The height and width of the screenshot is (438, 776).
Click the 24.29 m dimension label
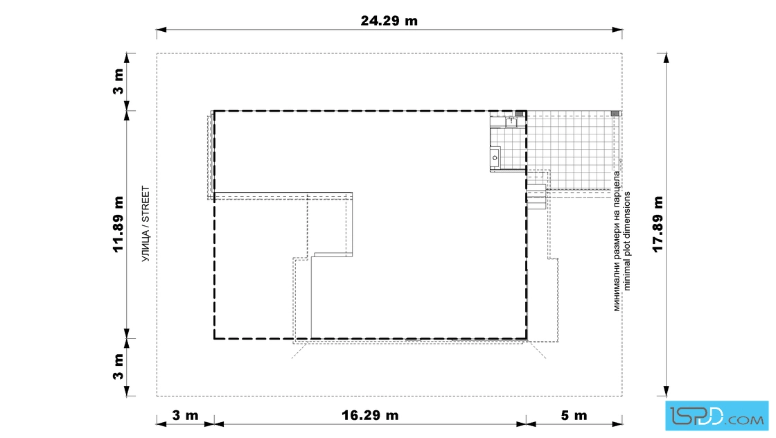pyautogui.click(x=389, y=21)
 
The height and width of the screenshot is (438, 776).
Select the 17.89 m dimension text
pyautogui.click(x=658, y=224)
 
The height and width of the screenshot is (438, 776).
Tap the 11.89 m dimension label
pyautogui.click(x=118, y=224)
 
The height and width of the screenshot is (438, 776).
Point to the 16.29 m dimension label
pyautogui.click(x=370, y=415)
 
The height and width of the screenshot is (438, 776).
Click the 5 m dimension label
pyautogui.click(x=574, y=415)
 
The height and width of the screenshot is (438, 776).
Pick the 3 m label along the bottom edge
pyautogui.click(x=185, y=415)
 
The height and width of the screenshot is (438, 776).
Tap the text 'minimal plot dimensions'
pyautogui.click(x=627, y=241)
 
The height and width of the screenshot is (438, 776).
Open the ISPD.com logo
pyautogui.click(x=716, y=415)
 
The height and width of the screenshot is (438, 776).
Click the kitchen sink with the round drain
pyautogui.click(x=495, y=157)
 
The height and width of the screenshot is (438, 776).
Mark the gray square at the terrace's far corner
pyautogui.click(x=616, y=114)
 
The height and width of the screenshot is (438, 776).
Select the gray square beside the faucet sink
pyautogui.click(x=520, y=114)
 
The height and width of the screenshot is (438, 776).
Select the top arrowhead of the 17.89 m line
pyautogui.click(x=666, y=58)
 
